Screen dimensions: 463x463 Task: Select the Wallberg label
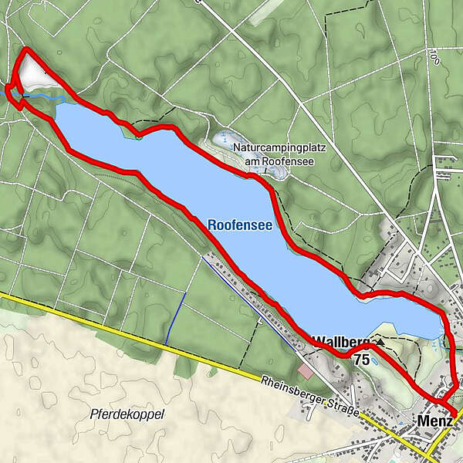point(342,340)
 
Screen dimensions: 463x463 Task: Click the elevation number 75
point(361,360)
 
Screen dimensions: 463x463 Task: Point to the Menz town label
point(434,422)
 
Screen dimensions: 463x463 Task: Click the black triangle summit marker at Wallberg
point(380,340)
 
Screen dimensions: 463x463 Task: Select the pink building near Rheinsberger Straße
point(306,371)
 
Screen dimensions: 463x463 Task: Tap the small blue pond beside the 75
point(374,360)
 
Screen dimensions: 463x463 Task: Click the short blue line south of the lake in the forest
point(176,318)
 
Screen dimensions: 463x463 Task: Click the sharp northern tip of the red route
point(27,50)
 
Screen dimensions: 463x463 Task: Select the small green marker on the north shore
point(137,137)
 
